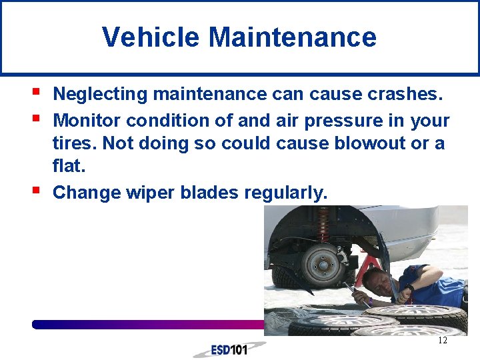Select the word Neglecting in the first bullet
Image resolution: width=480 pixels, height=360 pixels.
100,95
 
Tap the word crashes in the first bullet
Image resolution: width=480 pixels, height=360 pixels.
404,95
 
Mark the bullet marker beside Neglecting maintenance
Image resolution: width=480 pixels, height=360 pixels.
35,91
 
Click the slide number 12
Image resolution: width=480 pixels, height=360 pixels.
442,341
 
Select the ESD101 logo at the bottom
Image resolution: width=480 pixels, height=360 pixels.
229,349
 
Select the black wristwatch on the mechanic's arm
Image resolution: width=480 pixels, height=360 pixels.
409,289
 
